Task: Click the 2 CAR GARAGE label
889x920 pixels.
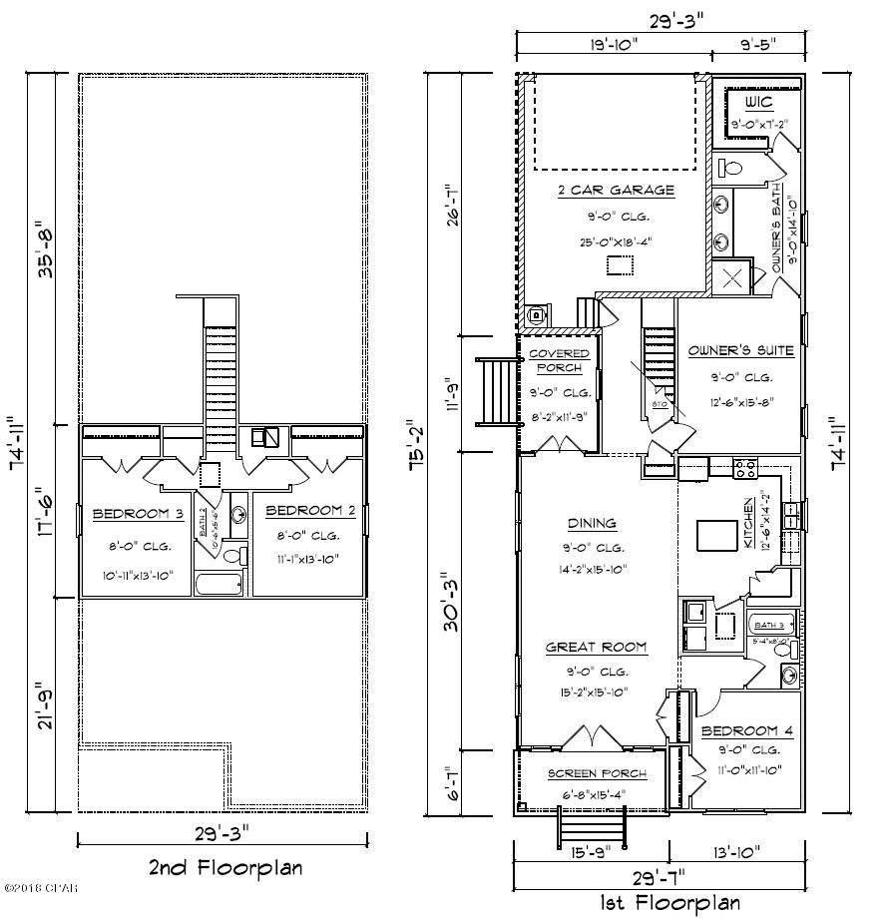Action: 616,191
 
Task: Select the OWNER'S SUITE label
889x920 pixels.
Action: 741,350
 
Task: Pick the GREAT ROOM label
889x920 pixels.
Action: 596,648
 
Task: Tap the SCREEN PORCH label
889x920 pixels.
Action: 597,773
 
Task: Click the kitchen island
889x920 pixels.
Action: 716,536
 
